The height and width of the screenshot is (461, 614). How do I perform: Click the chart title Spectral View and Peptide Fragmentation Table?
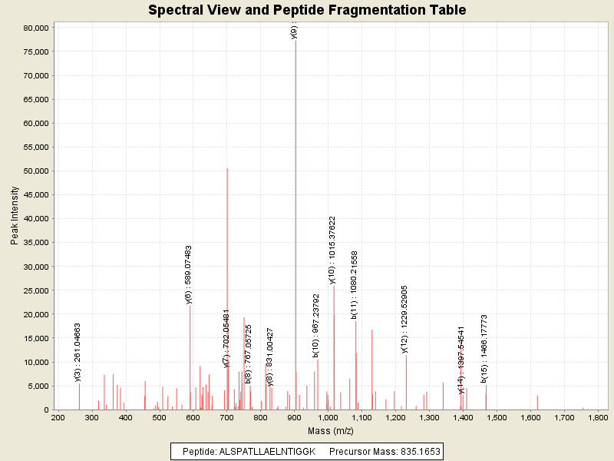click(307, 10)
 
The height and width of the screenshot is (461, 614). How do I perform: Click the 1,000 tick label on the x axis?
click(328, 418)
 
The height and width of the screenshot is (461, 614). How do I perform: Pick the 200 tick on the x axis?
click(58, 418)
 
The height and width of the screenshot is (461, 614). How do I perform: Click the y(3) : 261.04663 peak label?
click(78, 352)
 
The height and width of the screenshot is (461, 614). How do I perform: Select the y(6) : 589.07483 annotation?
click(189, 275)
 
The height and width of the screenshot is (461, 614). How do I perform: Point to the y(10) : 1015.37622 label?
click(332, 250)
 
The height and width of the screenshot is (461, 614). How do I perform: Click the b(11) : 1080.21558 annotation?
click(355, 284)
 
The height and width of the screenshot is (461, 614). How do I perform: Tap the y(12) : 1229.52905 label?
click(404, 319)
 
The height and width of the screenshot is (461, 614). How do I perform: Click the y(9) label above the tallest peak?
click(295, 32)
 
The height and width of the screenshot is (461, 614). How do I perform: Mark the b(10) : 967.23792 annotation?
click(316, 326)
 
